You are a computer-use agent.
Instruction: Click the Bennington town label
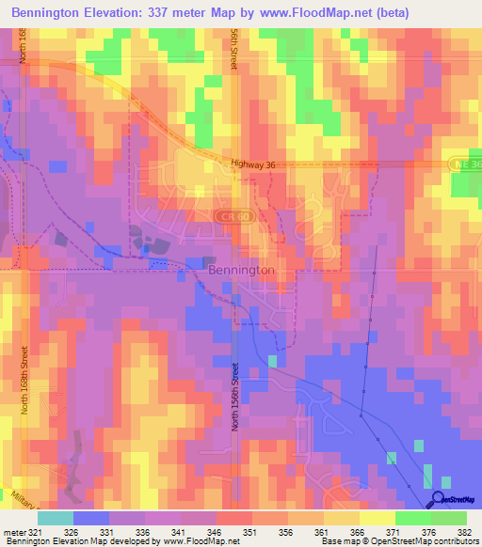point(240,269)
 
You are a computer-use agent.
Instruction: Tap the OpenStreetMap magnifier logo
point(437,499)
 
